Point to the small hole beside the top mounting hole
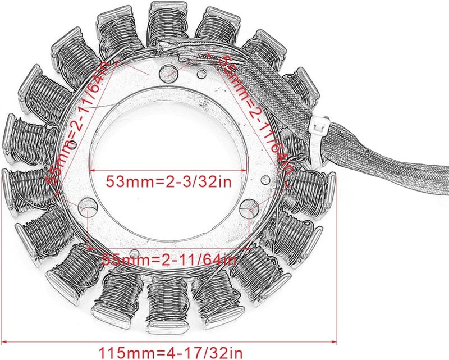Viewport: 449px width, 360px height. tap(200, 72)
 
